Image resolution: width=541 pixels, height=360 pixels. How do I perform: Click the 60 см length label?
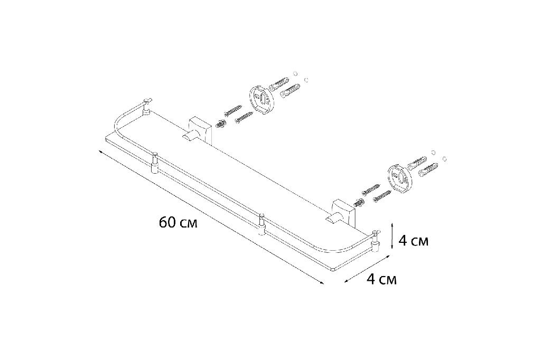(x=178, y=222)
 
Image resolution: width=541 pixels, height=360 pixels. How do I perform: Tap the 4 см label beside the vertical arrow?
(x=413, y=241)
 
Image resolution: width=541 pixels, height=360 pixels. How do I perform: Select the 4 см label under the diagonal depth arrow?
(x=381, y=279)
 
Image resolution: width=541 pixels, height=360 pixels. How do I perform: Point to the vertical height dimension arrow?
(x=393, y=235)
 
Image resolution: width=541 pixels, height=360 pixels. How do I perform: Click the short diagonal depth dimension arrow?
(x=368, y=269)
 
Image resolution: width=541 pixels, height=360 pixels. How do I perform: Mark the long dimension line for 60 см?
(x=211, y=217)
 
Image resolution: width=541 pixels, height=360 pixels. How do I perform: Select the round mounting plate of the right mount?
(x=399, y=176)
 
